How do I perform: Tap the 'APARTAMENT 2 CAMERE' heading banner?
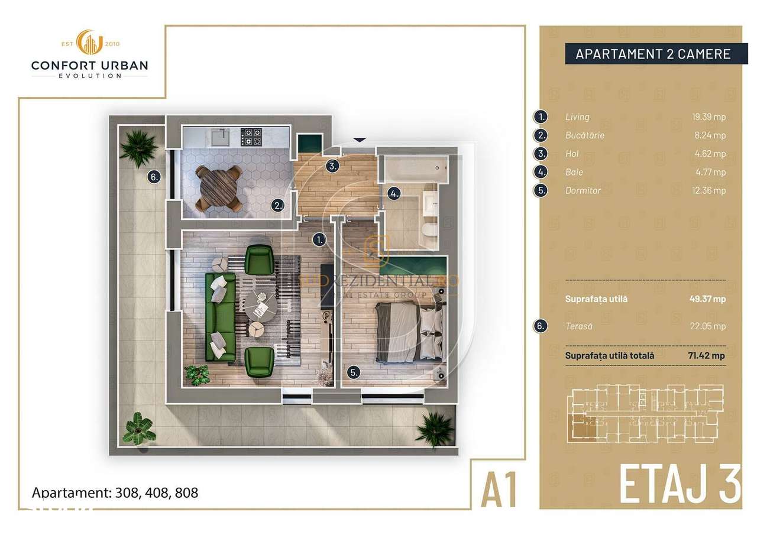click(x=653, y=54)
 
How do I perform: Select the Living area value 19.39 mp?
click(x=709, y=117)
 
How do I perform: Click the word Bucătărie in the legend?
click(x=584, y=135)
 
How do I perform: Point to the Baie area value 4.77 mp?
click(x=710, y=173)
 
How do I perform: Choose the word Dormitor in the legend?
click(x=583, y=191)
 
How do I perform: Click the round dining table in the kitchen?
click(x=218, y=187)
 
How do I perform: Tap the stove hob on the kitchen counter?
click(x=253, y=138)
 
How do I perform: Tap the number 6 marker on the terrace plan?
click(x=153, y=176)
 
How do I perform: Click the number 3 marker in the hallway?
click(x=333, y=166)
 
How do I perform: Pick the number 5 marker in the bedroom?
click(x=353, y=372)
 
